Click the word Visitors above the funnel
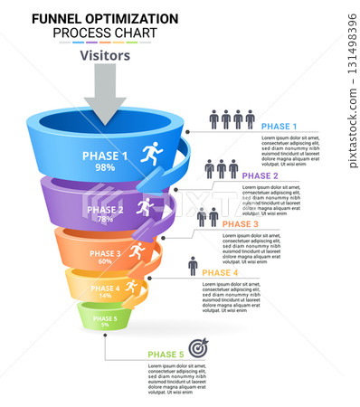(x=105, y=55)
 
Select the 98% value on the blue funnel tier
(x=105, y=167)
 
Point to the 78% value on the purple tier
(x=105, y=220)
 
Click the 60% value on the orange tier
(x=105, y=261)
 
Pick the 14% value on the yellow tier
(x=105, y=296)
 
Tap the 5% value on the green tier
(x=105, y=325)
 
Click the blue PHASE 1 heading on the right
(x=279, y=126)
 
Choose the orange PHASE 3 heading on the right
(x=241, y=223)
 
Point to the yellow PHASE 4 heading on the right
(x=220, y=272)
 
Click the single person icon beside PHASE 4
(x=192, y=267)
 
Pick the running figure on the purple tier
(x=144, y=207)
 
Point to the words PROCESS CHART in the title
(x=104, y=33)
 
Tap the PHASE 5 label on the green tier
(x=105, y=318)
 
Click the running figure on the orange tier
(x=137, y=250)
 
